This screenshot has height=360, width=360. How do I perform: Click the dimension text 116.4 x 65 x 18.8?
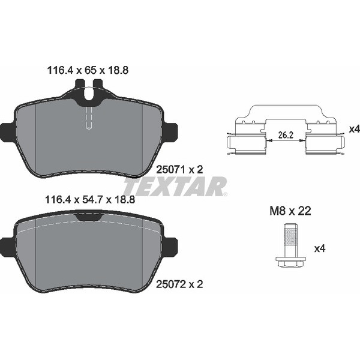(x=88, y=70)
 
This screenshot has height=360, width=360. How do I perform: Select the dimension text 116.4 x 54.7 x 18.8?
(x=90, y=200)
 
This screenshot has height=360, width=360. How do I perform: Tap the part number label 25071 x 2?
(x=179, y=170)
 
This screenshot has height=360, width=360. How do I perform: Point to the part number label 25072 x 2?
(x=179, y=284)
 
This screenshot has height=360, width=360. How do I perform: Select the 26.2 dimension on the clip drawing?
(x=286, y=135)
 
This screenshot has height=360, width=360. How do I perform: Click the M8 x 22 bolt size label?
(x=290, y=211)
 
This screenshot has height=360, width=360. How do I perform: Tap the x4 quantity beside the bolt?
(x=320, y=248)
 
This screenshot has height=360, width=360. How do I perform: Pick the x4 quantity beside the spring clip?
(x=354, y=129)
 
